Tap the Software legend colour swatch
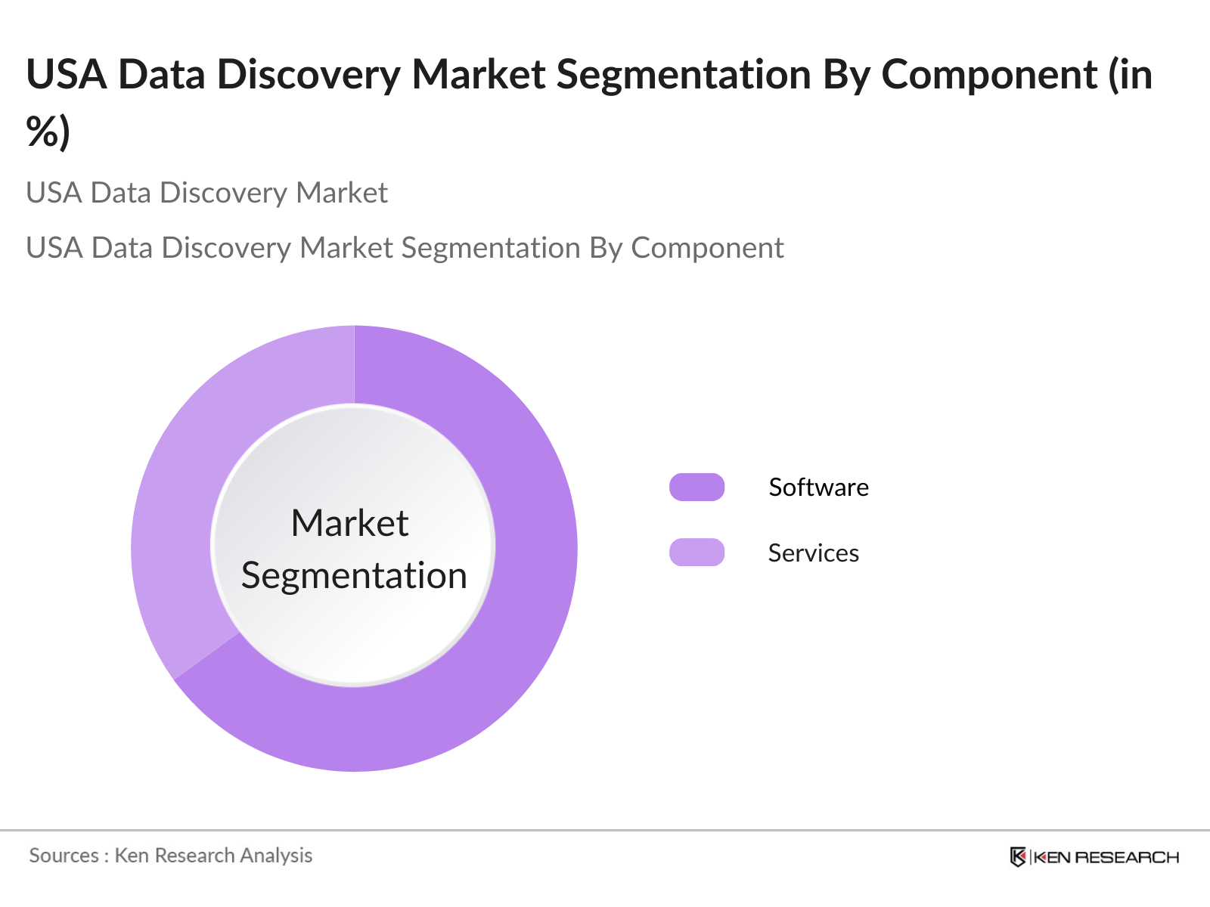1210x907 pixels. tap(697, 488)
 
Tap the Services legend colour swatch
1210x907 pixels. tap(697, 553)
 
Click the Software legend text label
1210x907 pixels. tap(818, 488)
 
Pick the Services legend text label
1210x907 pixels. tap(813, 553)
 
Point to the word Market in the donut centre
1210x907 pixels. tap(350, 523)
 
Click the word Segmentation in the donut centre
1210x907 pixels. tap(354, 576)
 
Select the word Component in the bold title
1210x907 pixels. tap(989, 75)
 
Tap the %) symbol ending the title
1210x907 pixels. tap(48, 132)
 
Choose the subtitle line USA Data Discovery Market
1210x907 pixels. tap(206, 193)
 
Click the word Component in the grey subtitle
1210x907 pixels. tap(707, 248)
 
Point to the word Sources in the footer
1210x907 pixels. tap(64, 856)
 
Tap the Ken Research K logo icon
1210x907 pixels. tap(1018, 857)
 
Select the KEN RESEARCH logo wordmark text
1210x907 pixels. tap(1106, 857)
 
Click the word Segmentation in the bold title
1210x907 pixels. tap(684, 75)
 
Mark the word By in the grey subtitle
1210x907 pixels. tap(606, 248)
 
